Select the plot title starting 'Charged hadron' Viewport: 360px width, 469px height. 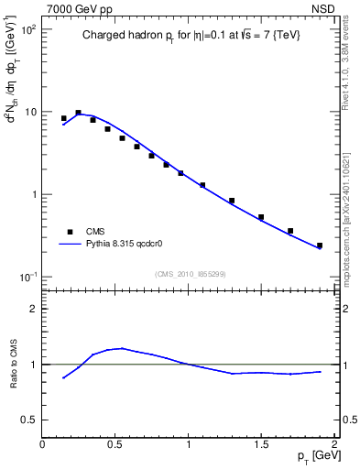coord(190,36)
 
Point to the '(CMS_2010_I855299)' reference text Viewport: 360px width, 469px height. coord(190,273)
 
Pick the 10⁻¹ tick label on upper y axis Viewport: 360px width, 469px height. coord(29,277)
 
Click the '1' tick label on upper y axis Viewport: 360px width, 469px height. coord(33,194)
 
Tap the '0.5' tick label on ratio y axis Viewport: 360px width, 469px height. coord(28,420)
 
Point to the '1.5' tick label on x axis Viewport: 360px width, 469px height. coord(261,444)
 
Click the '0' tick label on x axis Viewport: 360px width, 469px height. coord(43,444)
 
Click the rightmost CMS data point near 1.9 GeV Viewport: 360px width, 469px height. coord(320,245)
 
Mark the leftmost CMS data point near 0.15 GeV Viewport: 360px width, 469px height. coord(63,118)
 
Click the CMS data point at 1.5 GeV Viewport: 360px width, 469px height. coord(261,217)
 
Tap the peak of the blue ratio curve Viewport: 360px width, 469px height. coord(122,348)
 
